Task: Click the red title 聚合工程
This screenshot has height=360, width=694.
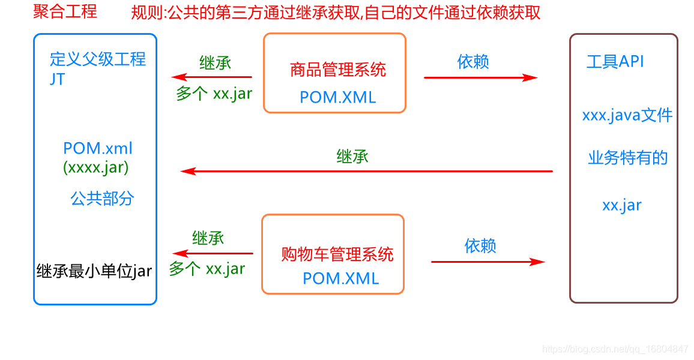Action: pos(65,12)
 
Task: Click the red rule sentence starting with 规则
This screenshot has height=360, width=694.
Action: pos(336,13)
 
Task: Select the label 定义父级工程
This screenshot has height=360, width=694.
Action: pos(98,59)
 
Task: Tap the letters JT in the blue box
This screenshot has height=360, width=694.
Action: pos(58,79)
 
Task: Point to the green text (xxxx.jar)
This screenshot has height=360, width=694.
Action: pos(96,167)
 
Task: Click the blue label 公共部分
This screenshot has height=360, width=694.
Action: pos(102,199)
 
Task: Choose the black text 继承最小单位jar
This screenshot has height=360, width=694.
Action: pos(94,271)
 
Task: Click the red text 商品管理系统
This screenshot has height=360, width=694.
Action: pos(338,70)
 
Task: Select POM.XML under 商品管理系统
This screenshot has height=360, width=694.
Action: pos(338,97)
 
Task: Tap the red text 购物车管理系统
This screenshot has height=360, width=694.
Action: pos(337,254)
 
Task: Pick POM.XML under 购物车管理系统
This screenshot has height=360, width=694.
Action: pos(340,278)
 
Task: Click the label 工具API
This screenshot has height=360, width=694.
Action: pos(615,61)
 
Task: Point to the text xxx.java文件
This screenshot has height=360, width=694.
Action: pos(627,115)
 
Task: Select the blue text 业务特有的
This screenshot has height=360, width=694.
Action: pos(627,158)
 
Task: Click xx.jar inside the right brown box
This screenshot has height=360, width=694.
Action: pos(622,205)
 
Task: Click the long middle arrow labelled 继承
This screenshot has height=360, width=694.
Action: pos(366,172)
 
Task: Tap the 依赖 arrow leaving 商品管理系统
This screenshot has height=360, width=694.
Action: pos(480,77)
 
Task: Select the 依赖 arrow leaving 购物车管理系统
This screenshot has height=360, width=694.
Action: pos(487,262)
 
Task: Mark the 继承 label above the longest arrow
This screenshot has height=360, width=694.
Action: pos(352,157)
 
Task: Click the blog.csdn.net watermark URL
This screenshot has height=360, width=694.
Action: pos(615,349)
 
